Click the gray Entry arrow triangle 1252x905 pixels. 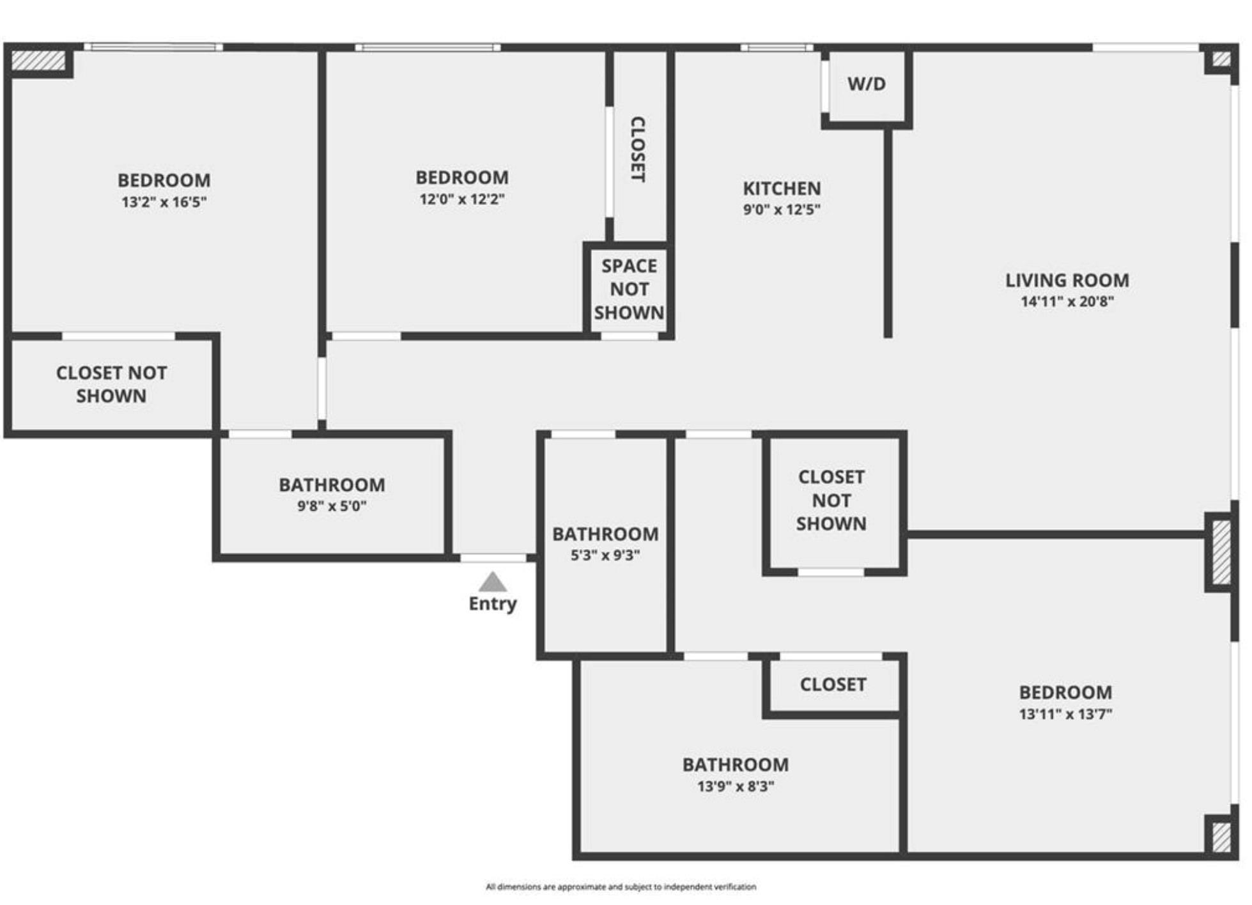tap(493, 582)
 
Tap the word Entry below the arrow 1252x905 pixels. tap(493, 604)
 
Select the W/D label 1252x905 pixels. tap(867, 84)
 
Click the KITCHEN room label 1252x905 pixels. tap(782, 189)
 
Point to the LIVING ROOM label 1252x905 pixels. tap(1067, 281)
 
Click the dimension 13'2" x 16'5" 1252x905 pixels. tap(164, 202)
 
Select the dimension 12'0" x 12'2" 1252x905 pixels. tap(462, 199)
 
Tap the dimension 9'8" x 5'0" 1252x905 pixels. tap(332, 506)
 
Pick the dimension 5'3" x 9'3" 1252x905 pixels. tap(605, 555)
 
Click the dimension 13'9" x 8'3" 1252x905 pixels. tap(736, 786)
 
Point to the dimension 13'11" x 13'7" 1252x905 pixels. tap(1065, 714)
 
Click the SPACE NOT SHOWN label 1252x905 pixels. tap(629, 290)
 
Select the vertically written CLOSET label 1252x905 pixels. tap(638, 149)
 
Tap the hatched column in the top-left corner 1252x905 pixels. tap(38, 61)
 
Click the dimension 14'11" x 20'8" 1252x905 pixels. tap(1067, 302)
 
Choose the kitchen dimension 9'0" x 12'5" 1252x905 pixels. tap(782, 210)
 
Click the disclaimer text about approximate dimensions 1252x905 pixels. tap(621, 886)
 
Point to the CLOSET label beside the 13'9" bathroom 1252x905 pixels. tap(833, 685)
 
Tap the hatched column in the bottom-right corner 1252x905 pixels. tap(1221, 837)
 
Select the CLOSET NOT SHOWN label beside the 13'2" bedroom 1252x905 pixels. tap(111, 384)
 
